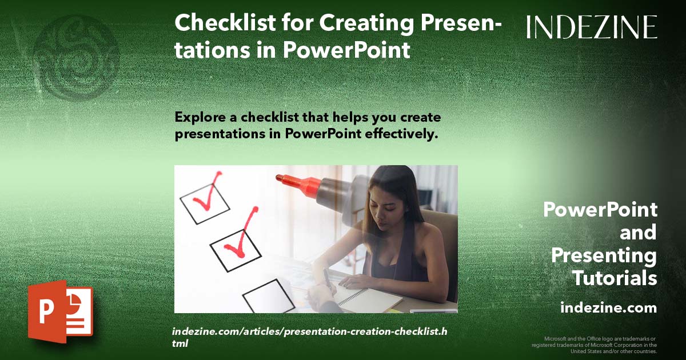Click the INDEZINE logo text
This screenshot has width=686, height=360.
coord(592,27)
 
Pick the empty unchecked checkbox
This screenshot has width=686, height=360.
coord(268,296)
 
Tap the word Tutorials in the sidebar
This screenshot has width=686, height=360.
coord(615,278)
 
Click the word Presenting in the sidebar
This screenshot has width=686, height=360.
coord(604,255)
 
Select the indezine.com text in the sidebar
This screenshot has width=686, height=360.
coord(608,307)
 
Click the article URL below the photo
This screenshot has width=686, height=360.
coord(309,338)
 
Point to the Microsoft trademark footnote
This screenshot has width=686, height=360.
coord(594,345)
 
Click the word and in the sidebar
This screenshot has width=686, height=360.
coord(638,233)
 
